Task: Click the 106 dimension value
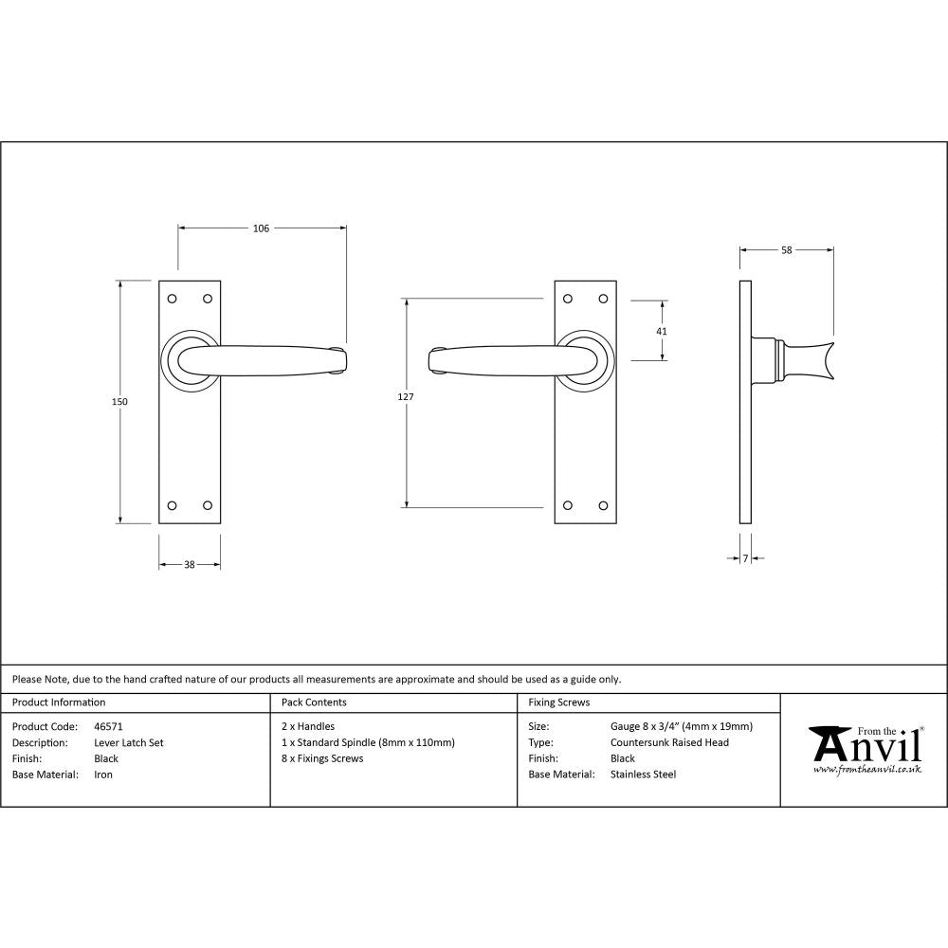coord(261,228)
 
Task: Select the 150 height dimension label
coord(119,401)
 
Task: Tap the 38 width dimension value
coord(189,565)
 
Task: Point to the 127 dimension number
coord(406,397)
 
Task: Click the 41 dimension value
coord(662,331)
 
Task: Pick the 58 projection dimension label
coord(787,250)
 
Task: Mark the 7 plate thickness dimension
coord(746,559)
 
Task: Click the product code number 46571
coord(109,727)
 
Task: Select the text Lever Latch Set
coord(129,743)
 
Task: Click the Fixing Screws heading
coord(559,702)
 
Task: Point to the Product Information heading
coord(59,702)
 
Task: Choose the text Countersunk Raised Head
coord(669,743)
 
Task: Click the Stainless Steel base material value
coord(644,775)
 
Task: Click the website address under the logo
coord(866,769)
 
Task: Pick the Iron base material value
coord(103,775)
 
